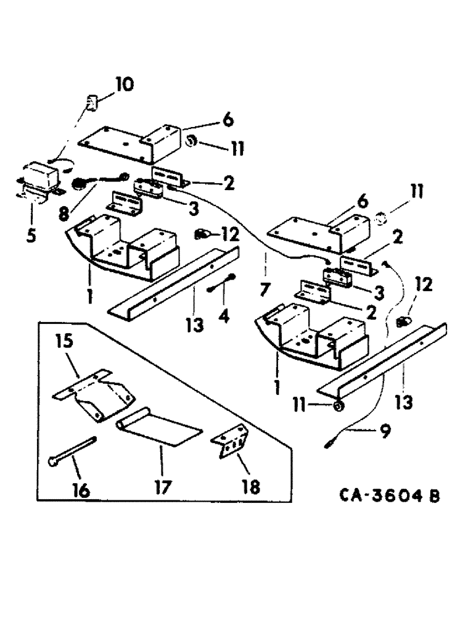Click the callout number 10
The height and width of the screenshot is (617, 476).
coord(124,85)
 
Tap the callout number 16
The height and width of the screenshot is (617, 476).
coord(81,490)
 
